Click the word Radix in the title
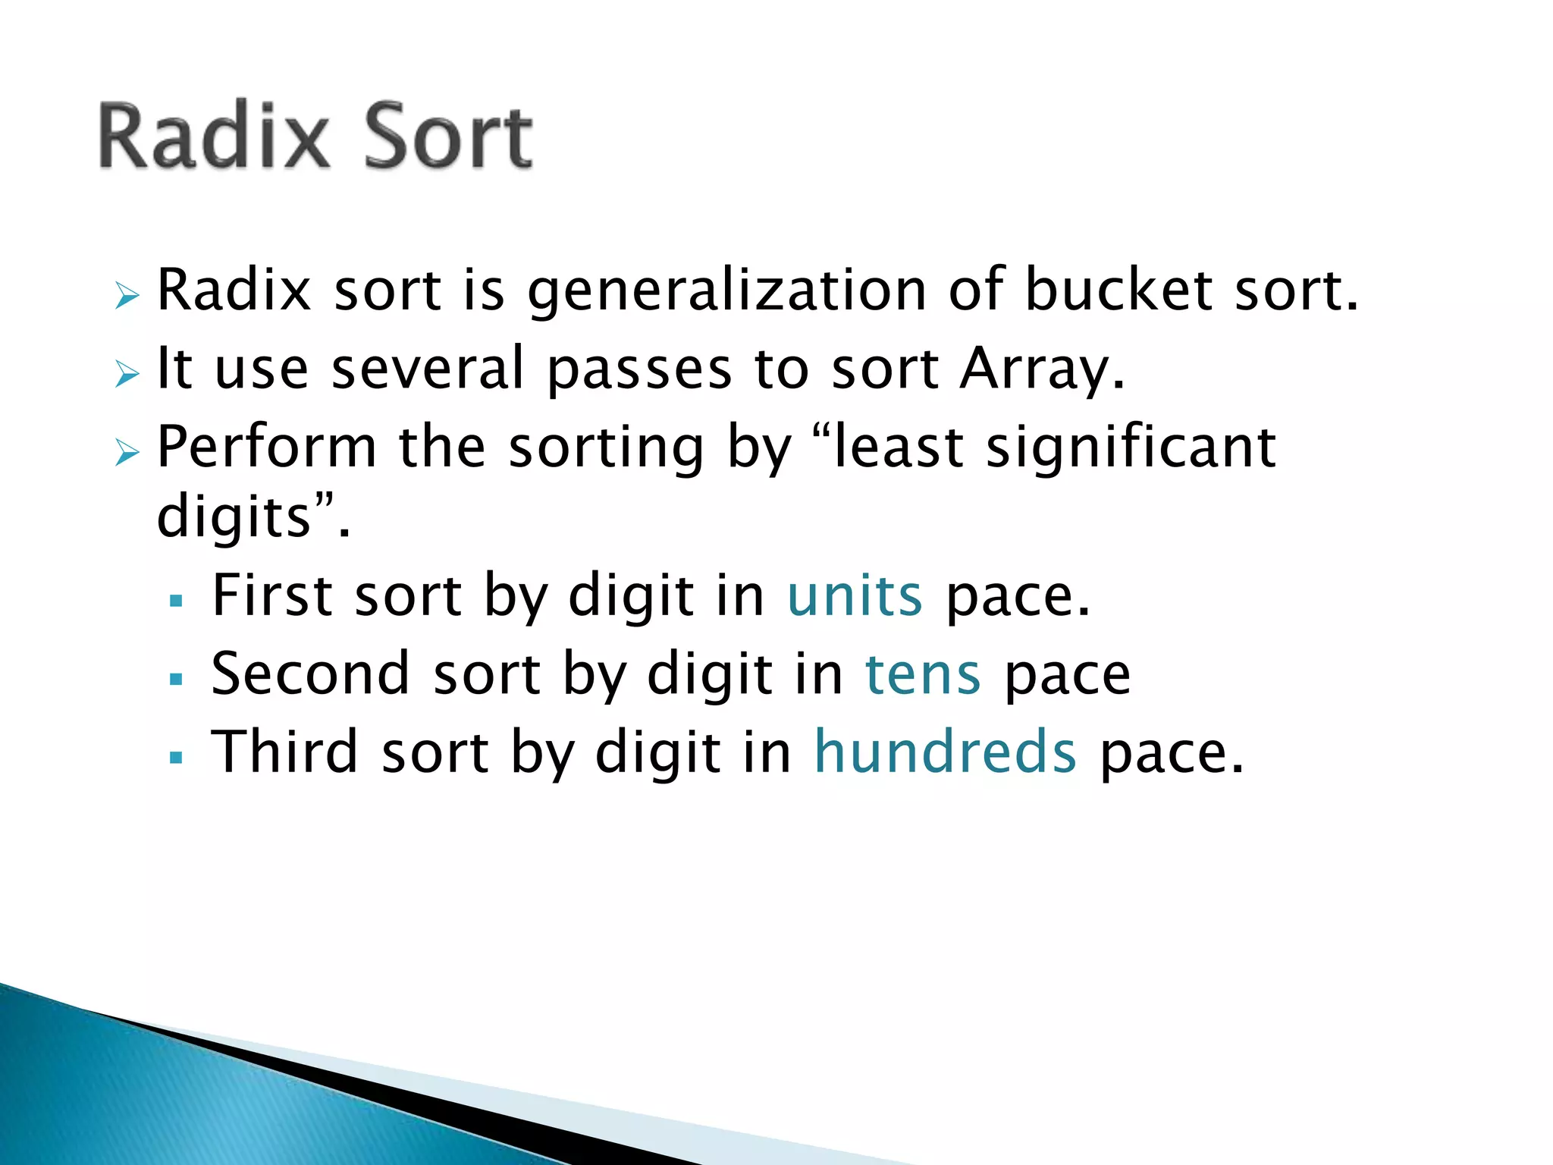pos(214,137)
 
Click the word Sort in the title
pos(448,137)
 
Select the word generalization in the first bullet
pos(726,292)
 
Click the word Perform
pos(266,447)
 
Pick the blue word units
pos(855,596)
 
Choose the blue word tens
pos(923,675)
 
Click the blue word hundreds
pos(945,752)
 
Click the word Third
pos(284,752)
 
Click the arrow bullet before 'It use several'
pos(127,373)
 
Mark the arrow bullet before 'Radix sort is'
pos(127,295)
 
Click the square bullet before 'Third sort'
pos(177,757)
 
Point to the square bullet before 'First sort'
pos(177,601)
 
